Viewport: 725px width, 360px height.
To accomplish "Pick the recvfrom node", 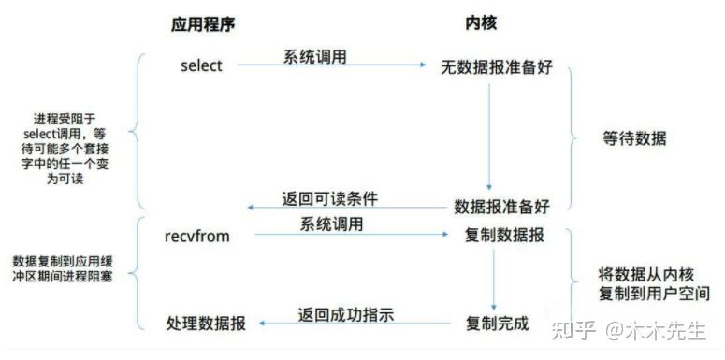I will coord(197,236).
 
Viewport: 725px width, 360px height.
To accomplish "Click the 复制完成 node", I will coord(497,324).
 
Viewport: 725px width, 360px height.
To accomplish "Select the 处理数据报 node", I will coord(207,324).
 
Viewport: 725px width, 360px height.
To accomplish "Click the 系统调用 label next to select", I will coord(315,57).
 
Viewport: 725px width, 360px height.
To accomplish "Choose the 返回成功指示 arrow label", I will coord(346,315).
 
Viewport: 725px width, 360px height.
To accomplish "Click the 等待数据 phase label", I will coord(634,138).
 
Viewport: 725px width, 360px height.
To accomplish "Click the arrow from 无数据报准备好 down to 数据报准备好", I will coord(488,136).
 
